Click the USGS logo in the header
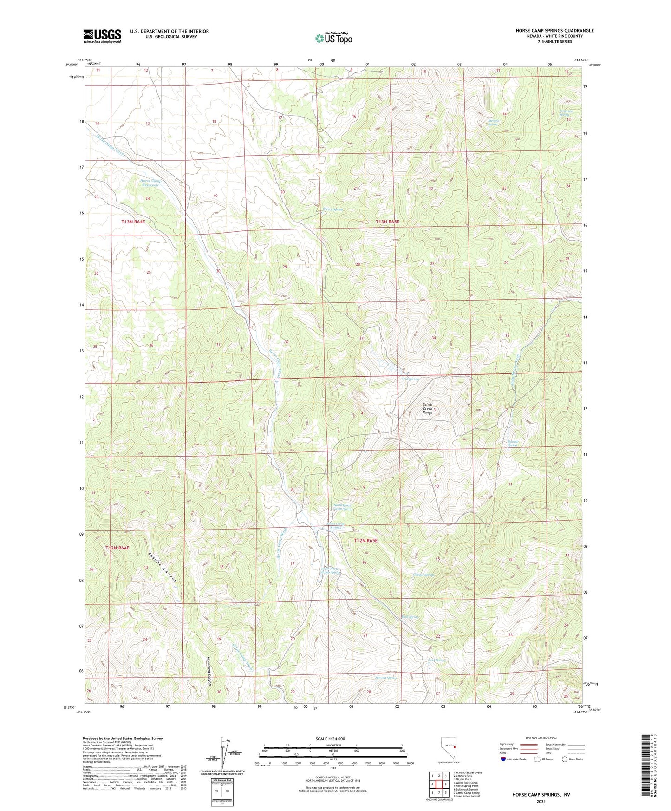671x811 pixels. pos(102,36)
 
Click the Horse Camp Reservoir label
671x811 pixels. pos(150,183)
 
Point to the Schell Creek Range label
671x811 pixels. pos(427,408)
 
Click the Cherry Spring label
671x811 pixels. pos(332,209)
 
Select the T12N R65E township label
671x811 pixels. pos(365,541)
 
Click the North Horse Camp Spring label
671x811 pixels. pos(343,507)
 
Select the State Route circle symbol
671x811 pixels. pos(564,759)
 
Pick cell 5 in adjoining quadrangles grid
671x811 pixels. pos(445,784)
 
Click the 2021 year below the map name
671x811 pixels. pos(541,801)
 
